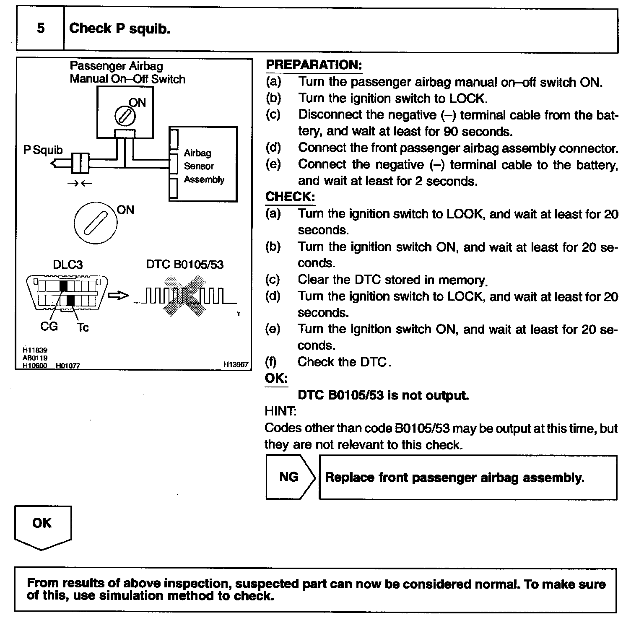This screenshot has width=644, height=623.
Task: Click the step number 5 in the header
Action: [x=40, y=29]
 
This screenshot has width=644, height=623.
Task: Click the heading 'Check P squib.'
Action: [x=119, y=29]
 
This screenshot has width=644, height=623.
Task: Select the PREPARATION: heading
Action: [x=314, y=65]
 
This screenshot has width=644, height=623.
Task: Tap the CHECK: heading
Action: [x=290, y=197]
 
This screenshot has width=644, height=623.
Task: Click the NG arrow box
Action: [x=290, y=477]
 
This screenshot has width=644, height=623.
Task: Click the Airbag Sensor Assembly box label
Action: [x=204, y=166]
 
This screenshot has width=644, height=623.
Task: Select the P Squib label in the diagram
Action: [x=43, y=150]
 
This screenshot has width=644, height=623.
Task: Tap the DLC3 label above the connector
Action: [x=68, y=265]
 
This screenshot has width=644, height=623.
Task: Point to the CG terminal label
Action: [x=49, y=326]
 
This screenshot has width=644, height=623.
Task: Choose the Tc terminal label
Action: [x=83, y=327]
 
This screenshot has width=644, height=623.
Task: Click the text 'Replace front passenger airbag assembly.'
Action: [x=454, y=478]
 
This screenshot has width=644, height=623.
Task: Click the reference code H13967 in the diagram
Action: [x=236, y=365]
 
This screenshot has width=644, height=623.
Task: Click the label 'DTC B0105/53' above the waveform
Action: [x=185, y=265]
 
